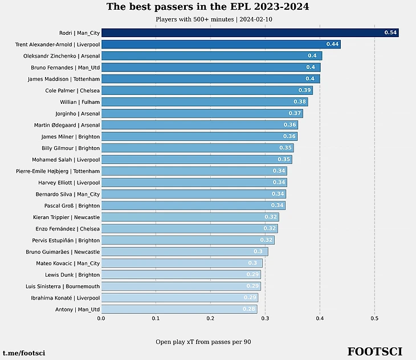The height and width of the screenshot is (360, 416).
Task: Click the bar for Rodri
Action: click(x=250, y=33)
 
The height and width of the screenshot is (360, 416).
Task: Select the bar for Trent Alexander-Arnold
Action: click(x=221, y=44)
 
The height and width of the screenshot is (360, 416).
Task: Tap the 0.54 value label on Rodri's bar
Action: click(x=390, y=33)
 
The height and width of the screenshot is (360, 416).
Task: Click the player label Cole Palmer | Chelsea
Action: click(x=72, y=90)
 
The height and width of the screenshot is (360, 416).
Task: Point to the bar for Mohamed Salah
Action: click(x=196, y=159)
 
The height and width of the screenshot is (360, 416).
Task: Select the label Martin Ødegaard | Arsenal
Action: click(x=67, y=125)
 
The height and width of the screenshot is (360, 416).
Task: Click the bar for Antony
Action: click(x=179, y=309)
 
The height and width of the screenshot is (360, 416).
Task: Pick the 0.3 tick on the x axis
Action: click(x=265, y=319)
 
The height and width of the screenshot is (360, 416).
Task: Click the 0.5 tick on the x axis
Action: click(x=374, y=319)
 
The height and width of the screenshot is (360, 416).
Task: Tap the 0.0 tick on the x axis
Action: click(x=101, y=319)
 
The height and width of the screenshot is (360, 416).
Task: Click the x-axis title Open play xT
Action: click(x=203, y=342)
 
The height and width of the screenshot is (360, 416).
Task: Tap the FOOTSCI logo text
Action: click(x=374, y=351)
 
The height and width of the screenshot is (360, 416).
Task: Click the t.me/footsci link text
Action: click(x=24, y=354)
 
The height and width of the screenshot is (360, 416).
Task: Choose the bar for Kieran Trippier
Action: click(x=190, y=217)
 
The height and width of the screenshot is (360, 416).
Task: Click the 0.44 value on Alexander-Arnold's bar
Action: click(x=332, y=44)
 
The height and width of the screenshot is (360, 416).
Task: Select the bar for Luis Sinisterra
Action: click(x=181, y=286)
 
